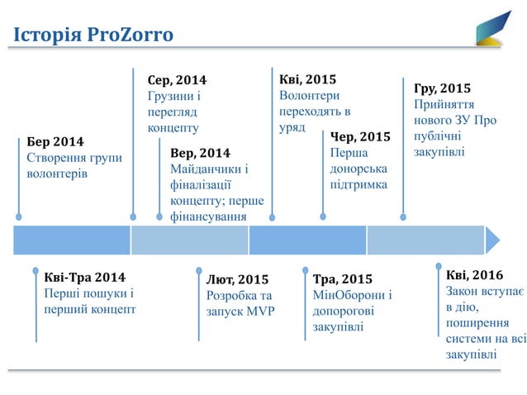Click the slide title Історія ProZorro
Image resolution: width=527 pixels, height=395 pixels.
(92, 35)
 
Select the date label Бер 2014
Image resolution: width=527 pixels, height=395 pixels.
(55, 141)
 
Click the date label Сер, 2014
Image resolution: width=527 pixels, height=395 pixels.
(177, 80)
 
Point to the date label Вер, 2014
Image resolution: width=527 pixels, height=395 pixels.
(200, 153)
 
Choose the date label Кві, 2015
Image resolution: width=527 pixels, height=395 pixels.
(308, 79)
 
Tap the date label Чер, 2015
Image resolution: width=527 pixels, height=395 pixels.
(360, 136)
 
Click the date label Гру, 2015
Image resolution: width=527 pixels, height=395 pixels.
(443, 88)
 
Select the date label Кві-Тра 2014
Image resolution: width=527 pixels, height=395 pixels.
(84, 277)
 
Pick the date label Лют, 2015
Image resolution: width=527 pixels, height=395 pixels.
(238, 279)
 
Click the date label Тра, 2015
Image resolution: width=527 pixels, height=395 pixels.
(343, 278)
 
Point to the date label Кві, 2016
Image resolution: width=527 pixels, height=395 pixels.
(474, 274)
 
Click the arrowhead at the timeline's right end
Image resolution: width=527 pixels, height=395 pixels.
(492, 240)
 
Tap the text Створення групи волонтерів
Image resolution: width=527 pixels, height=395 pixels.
(74, 166)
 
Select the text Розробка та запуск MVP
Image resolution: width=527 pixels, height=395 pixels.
(240, 303)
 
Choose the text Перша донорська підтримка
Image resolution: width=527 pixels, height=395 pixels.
(358, 169)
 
